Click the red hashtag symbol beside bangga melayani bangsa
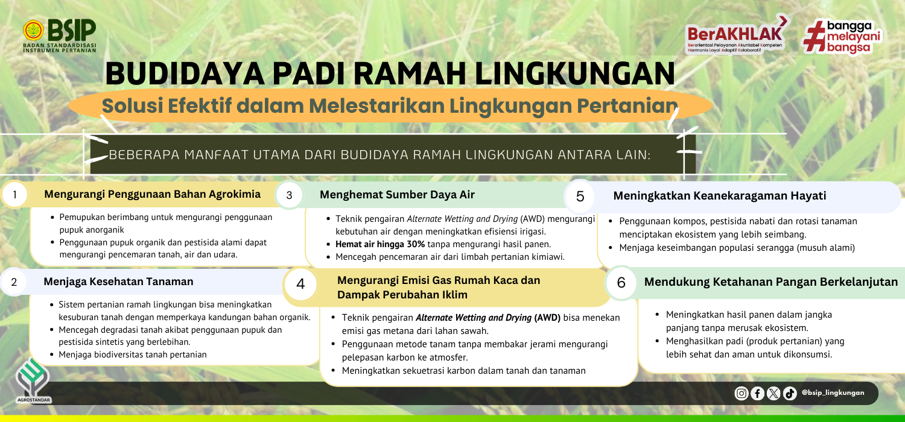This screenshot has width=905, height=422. pos(813,36)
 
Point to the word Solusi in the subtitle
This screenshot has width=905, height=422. pos(131,106)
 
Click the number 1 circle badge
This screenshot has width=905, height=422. pos(15,195)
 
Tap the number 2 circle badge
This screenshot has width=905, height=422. pos(14,282)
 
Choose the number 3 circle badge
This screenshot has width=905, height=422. pos(289,195)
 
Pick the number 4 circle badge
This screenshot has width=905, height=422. pos(300,284)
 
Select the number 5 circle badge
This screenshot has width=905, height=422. pos(580,197)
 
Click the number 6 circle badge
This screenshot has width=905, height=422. pos(621,283)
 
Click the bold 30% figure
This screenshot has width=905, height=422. pos(416,244)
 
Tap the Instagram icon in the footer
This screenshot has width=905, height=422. pos(741,393)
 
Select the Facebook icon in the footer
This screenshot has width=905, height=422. pos(758,393)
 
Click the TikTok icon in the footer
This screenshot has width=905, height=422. pos(790,393)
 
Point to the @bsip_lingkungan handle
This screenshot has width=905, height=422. pos(833,393)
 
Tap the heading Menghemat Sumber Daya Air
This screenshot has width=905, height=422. pos(397,195)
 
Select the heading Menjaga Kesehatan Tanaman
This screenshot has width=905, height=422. pos(118,282)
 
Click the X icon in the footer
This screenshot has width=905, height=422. pos(773,393)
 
